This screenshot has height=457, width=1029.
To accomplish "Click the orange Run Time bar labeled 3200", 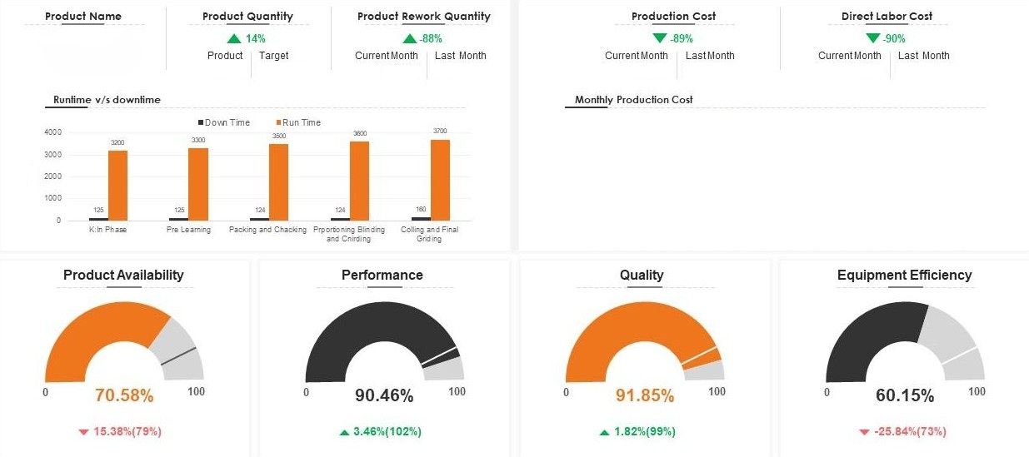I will click(x=117, y=185).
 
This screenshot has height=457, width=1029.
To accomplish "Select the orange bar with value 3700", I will click(x=440, y=180).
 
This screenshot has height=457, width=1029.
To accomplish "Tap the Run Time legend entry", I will click(x=301, y=122).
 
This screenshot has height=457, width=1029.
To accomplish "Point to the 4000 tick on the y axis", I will click(x=52, y=132).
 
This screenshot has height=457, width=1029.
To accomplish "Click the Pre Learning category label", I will click(x=188, y=230).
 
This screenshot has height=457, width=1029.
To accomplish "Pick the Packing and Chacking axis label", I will click(x=268, y=230).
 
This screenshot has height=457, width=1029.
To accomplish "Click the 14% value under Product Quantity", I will click(x=255, y=38).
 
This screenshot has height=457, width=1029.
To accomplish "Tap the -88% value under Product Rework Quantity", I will click(x=431, y=38).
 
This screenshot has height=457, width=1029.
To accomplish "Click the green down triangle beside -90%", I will click(x=872, y=37).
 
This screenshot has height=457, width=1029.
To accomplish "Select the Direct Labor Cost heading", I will click(x=887, y=16).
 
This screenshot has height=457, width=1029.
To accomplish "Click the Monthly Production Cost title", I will click(x=633, y=100).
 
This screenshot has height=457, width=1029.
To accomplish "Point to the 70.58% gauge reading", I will click(x=124, y=395).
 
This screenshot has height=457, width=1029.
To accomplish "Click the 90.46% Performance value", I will click(x=384, y=395).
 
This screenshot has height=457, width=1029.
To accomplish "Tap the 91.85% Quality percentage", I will click(x=645, y=395).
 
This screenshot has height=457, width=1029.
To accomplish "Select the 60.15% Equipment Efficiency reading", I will click(x=905, y=395).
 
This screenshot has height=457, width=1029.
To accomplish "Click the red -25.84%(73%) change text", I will click(x=910, y=431).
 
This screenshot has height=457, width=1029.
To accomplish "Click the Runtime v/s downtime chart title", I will click(x=107, y=100).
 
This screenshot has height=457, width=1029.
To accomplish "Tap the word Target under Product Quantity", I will click(x=273, y=56).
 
